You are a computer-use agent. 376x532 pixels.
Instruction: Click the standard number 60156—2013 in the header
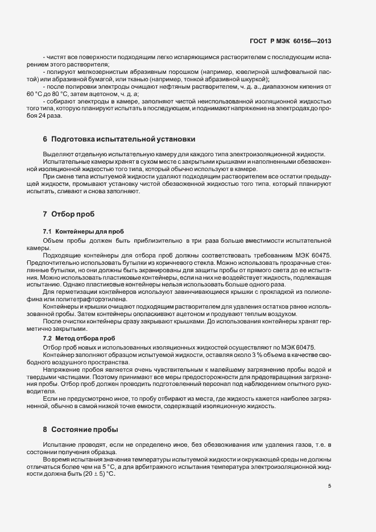coord(312,41)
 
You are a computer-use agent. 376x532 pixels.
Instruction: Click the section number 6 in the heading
coord(45,139)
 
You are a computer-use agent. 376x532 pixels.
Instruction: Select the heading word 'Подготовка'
coord(75,139)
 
